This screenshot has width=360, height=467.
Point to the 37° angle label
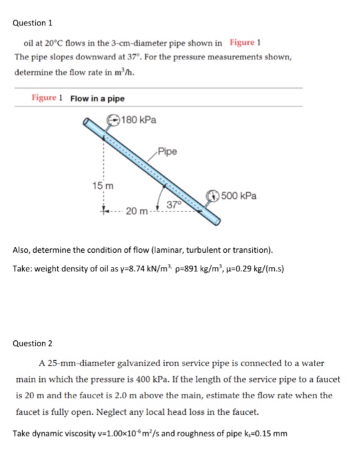(175, 203)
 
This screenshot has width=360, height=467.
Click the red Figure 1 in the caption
(47, 99)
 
